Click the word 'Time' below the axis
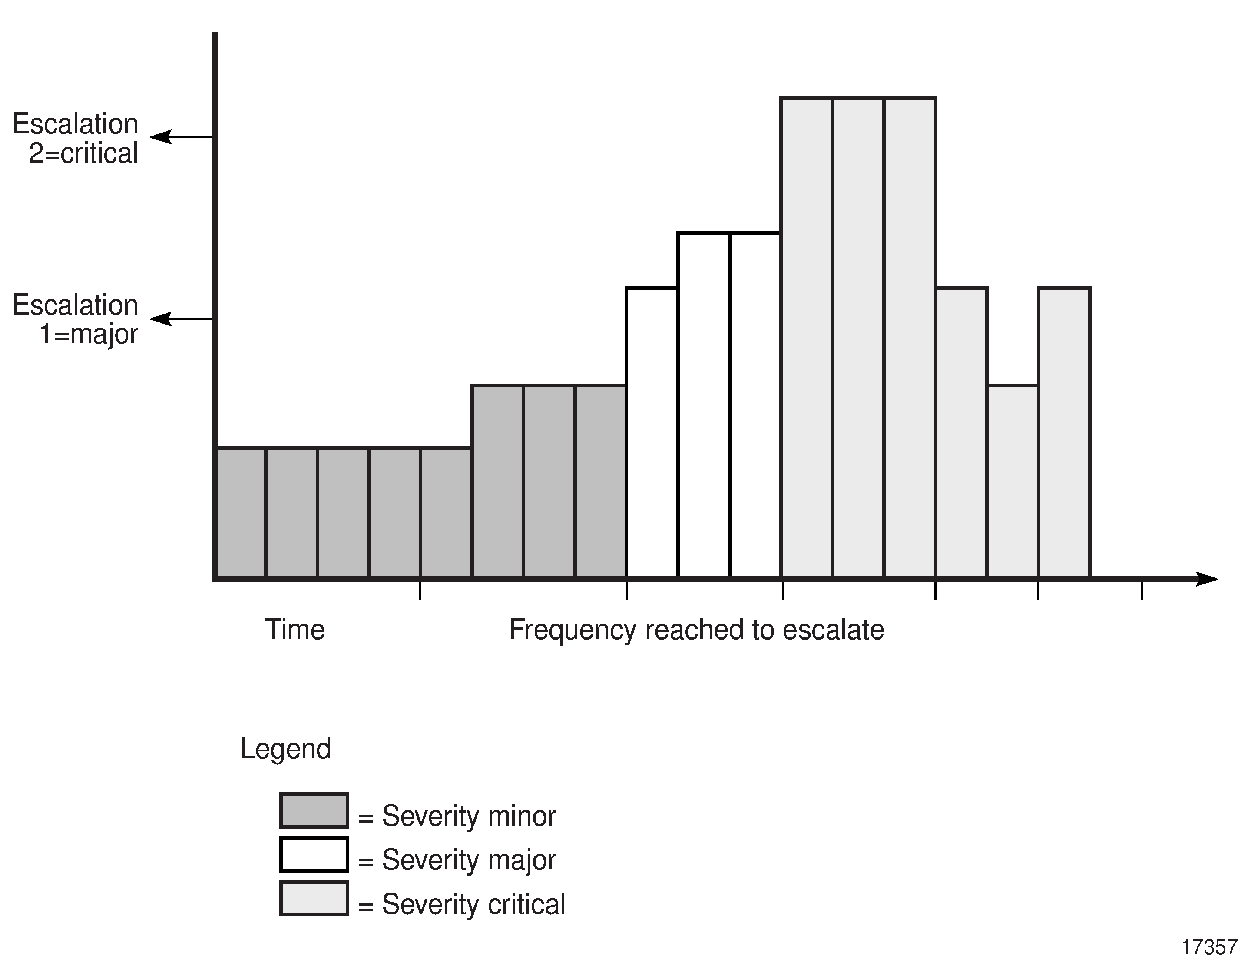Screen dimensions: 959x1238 295,630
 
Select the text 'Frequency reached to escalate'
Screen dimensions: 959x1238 696,630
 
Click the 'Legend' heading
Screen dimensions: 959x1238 285,749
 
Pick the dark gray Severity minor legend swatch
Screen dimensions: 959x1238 314,810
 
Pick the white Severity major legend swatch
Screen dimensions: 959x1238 314,854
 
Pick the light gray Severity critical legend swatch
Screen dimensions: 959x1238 314,898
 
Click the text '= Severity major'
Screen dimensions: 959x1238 457,860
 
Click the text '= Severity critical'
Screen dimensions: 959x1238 462,904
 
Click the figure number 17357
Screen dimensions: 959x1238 1208,948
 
